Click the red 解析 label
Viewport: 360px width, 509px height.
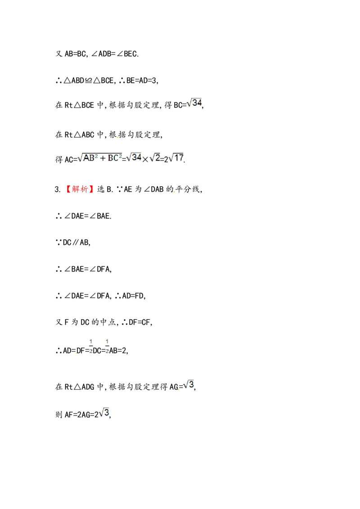tap(80, 189)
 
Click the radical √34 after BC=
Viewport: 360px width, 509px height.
tap(194, 103)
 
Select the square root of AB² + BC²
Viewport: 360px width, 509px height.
tap(100, 158)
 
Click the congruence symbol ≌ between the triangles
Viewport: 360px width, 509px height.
tap(88, 80)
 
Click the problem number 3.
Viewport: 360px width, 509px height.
tap(58, 189)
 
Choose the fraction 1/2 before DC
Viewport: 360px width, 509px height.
tap(90, 346)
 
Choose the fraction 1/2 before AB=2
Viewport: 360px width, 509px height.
tap(107, 346)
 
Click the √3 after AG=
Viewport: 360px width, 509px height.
tap(189, 385)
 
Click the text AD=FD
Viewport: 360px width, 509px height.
tap(134, 296)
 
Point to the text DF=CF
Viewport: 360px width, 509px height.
tap(139, 322)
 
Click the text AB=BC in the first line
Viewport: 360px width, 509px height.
tap(76, 54)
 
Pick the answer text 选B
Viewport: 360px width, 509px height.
tap(104, 189)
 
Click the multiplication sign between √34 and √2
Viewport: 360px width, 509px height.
tap(145, 159)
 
